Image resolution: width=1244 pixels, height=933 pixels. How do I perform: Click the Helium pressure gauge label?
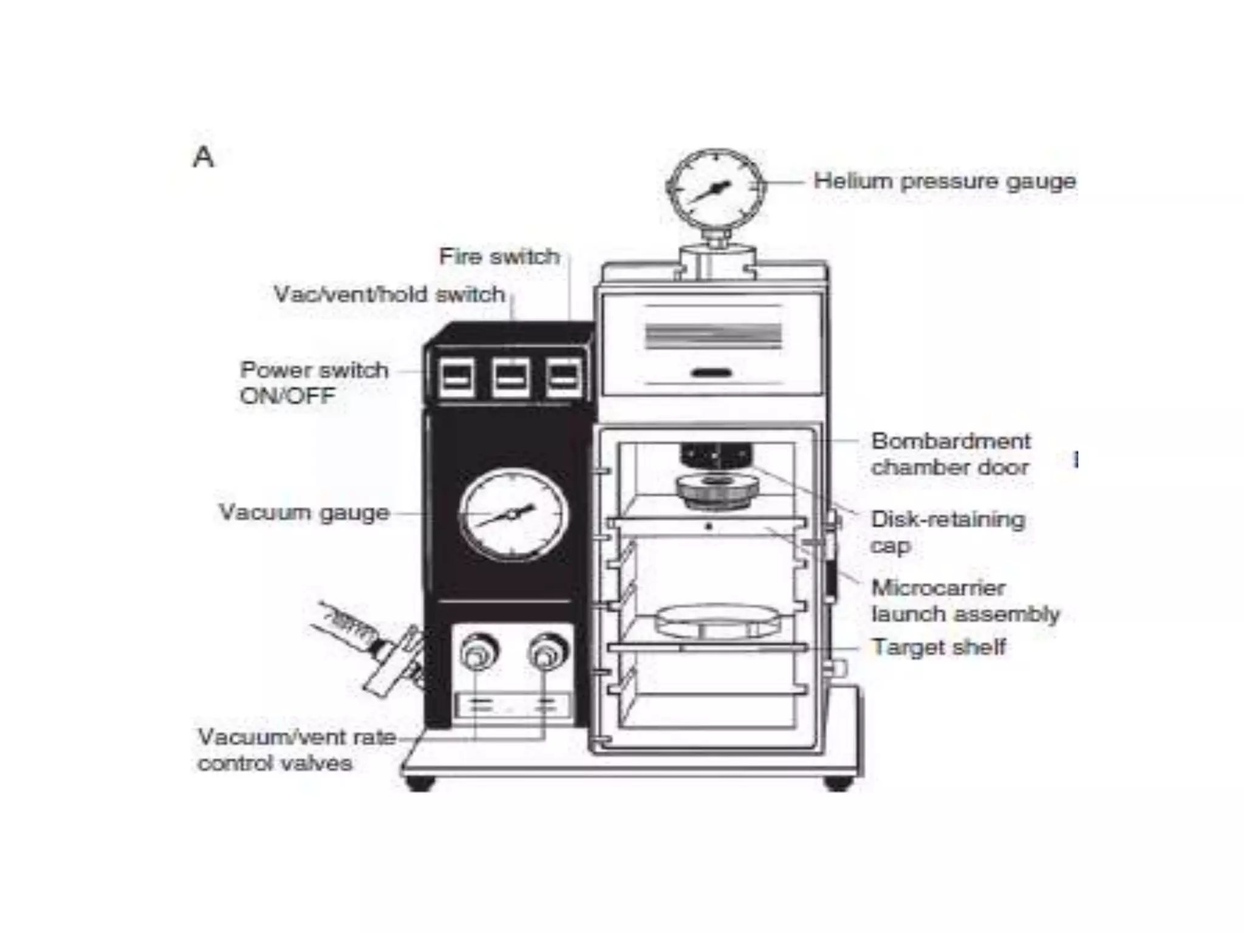click(945, 181)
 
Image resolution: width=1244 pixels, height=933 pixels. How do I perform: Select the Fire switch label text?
click(499, 256)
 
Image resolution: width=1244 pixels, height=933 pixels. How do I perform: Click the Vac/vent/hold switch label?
click(389, 295)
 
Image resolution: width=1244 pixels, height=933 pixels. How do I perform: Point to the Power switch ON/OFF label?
click(314, 383)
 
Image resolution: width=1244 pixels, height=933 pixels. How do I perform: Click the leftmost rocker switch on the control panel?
click(457, 377)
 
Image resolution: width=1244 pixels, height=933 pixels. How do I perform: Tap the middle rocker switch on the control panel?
click(510, 377)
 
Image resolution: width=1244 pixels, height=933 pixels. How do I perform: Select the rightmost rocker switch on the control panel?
click(563, 377)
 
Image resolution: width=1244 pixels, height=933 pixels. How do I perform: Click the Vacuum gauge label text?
click(304, 513)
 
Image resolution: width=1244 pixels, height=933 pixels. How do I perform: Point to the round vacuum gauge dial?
click(514, 514)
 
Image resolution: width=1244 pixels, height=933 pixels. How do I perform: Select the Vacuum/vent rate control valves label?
click(296, 750)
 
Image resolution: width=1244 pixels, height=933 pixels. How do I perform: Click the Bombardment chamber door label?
click(951, 454)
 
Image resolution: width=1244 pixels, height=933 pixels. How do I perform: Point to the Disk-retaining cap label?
click(948, 532)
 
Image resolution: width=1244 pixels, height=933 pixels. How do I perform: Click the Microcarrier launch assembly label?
click(965, 601)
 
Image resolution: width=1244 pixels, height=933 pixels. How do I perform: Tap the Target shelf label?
click(939, 648)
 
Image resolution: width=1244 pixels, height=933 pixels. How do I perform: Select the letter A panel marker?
click(203, 158)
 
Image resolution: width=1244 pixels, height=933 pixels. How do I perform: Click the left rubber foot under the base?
click(420, 784)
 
